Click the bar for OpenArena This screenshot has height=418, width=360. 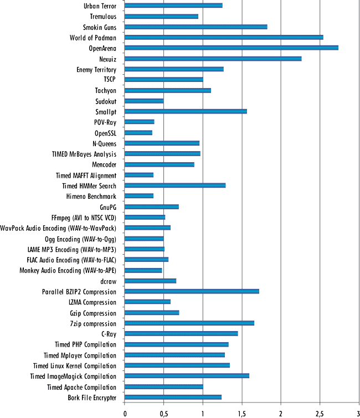[x=231, y=48]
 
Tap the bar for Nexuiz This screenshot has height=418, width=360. [x=213, y=59]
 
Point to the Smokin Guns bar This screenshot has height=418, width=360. [x=196, y=27]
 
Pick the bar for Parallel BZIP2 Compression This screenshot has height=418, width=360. [x=192, y=291]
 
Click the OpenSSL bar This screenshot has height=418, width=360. [x=138, y=133]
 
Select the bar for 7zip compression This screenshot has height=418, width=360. [x=189, y=323]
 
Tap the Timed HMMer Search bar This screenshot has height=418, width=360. [x=175, y=185]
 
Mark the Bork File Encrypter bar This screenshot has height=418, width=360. [x=173, y=397]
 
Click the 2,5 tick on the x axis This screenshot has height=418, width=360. [x=320, y=412]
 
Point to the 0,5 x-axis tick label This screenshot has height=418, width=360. [x=163, y=412]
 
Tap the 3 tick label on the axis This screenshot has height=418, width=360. [x=358, y=412]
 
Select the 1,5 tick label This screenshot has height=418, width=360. [x=241, y=412]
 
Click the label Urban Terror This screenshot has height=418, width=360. [x=100, y=6]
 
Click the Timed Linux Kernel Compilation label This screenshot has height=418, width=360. [x=75, y=366]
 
